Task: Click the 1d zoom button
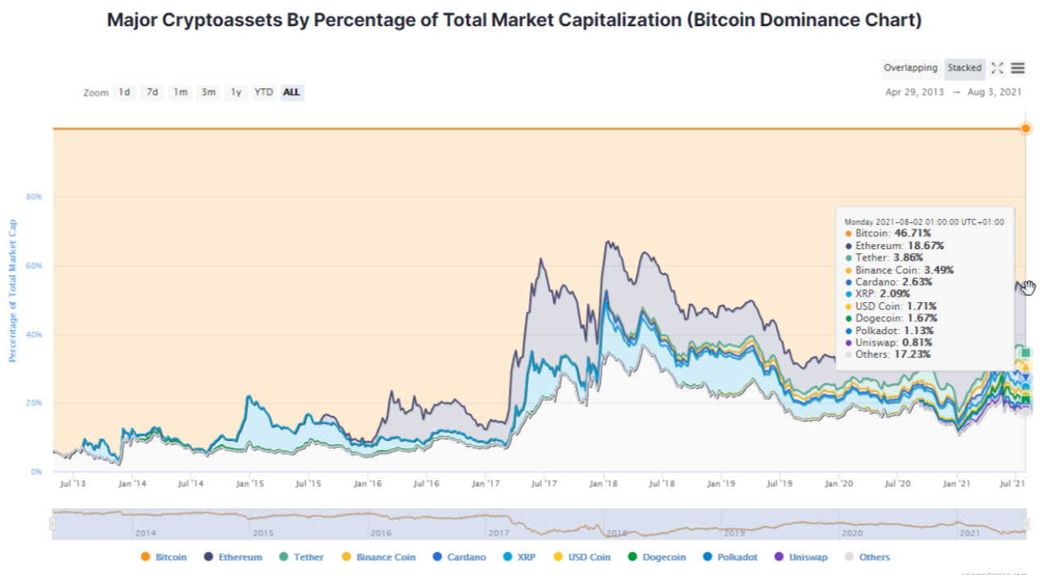[124, 92]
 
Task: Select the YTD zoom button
[263, 92]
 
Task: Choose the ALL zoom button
[291, 92]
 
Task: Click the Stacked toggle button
[965, 69]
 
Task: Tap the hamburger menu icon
[1018, 69]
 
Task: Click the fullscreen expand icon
[997, 69]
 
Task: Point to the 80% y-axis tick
[34, 198]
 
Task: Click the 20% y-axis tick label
[34, 403]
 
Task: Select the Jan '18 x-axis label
[603, 484]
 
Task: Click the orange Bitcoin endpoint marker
[1025, 128]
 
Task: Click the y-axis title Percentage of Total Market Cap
[13, 290]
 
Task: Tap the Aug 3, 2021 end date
[993, 92]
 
